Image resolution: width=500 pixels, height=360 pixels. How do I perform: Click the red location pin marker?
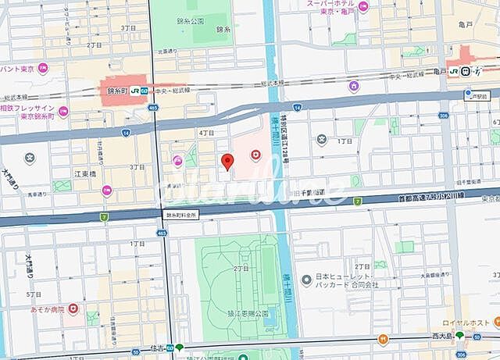coord(227,162)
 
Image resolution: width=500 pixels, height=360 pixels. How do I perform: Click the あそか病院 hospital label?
coord(48,309)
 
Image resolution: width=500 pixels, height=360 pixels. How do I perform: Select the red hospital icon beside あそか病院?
coord(74,309)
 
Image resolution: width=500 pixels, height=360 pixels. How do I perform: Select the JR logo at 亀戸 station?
coord(466,71)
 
